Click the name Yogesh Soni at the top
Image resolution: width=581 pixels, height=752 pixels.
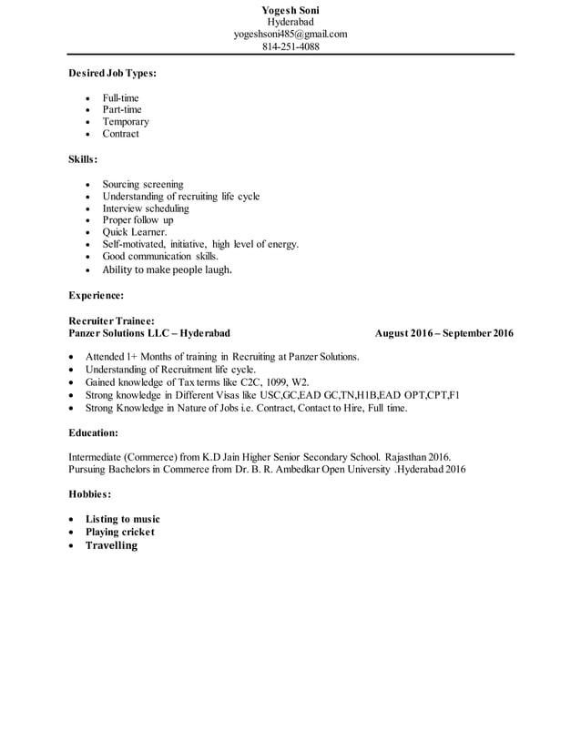click(290, 10)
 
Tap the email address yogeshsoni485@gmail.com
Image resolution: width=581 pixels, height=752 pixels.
click(290, 34)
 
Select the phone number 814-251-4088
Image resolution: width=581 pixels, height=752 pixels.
click(290, 46)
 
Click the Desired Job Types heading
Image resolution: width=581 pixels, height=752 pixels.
click(112, 72)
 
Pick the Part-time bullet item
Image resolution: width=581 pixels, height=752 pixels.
click(122, 109)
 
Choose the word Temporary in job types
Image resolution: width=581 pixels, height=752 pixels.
click(126, 121)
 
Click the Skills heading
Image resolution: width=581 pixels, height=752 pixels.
click(84, 158)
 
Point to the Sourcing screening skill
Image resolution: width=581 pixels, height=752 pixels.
click(143, 184)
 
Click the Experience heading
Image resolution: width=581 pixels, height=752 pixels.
click(97, 295)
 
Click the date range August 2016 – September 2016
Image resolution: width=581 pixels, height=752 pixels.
click(443, 333)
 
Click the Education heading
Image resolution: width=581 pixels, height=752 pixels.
click(94, 432)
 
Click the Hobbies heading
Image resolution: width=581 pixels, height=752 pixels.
click(90, 494)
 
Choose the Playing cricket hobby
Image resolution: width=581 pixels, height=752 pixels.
click(120, 532)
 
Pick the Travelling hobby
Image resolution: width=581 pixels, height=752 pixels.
click(111, 545)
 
